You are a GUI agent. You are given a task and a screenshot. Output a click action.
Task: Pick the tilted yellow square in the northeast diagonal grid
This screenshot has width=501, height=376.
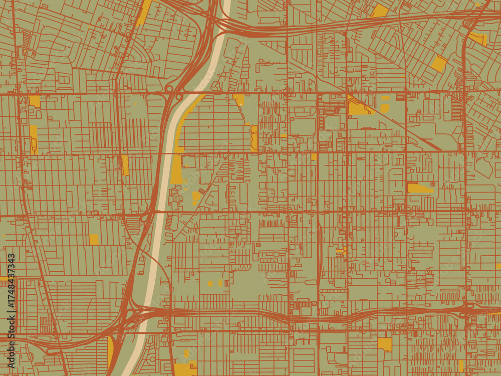(439, 63)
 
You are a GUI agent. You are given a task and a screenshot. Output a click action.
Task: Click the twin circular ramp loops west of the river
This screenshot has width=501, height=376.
(173, 92)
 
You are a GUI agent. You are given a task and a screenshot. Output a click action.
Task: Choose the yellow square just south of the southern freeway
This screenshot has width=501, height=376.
(385, 344)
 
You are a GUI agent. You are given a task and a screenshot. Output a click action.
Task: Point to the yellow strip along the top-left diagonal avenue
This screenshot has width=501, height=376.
(144, 13)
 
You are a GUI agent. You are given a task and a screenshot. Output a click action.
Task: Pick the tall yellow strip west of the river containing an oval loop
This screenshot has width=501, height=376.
(34, 139)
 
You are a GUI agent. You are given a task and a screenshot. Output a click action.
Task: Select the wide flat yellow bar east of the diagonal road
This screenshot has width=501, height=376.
(420, 188)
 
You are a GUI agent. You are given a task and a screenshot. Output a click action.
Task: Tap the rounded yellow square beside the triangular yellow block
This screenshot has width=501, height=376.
(385, 108)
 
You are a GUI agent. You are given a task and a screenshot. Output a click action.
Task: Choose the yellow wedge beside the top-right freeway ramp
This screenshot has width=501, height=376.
(478, 38)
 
